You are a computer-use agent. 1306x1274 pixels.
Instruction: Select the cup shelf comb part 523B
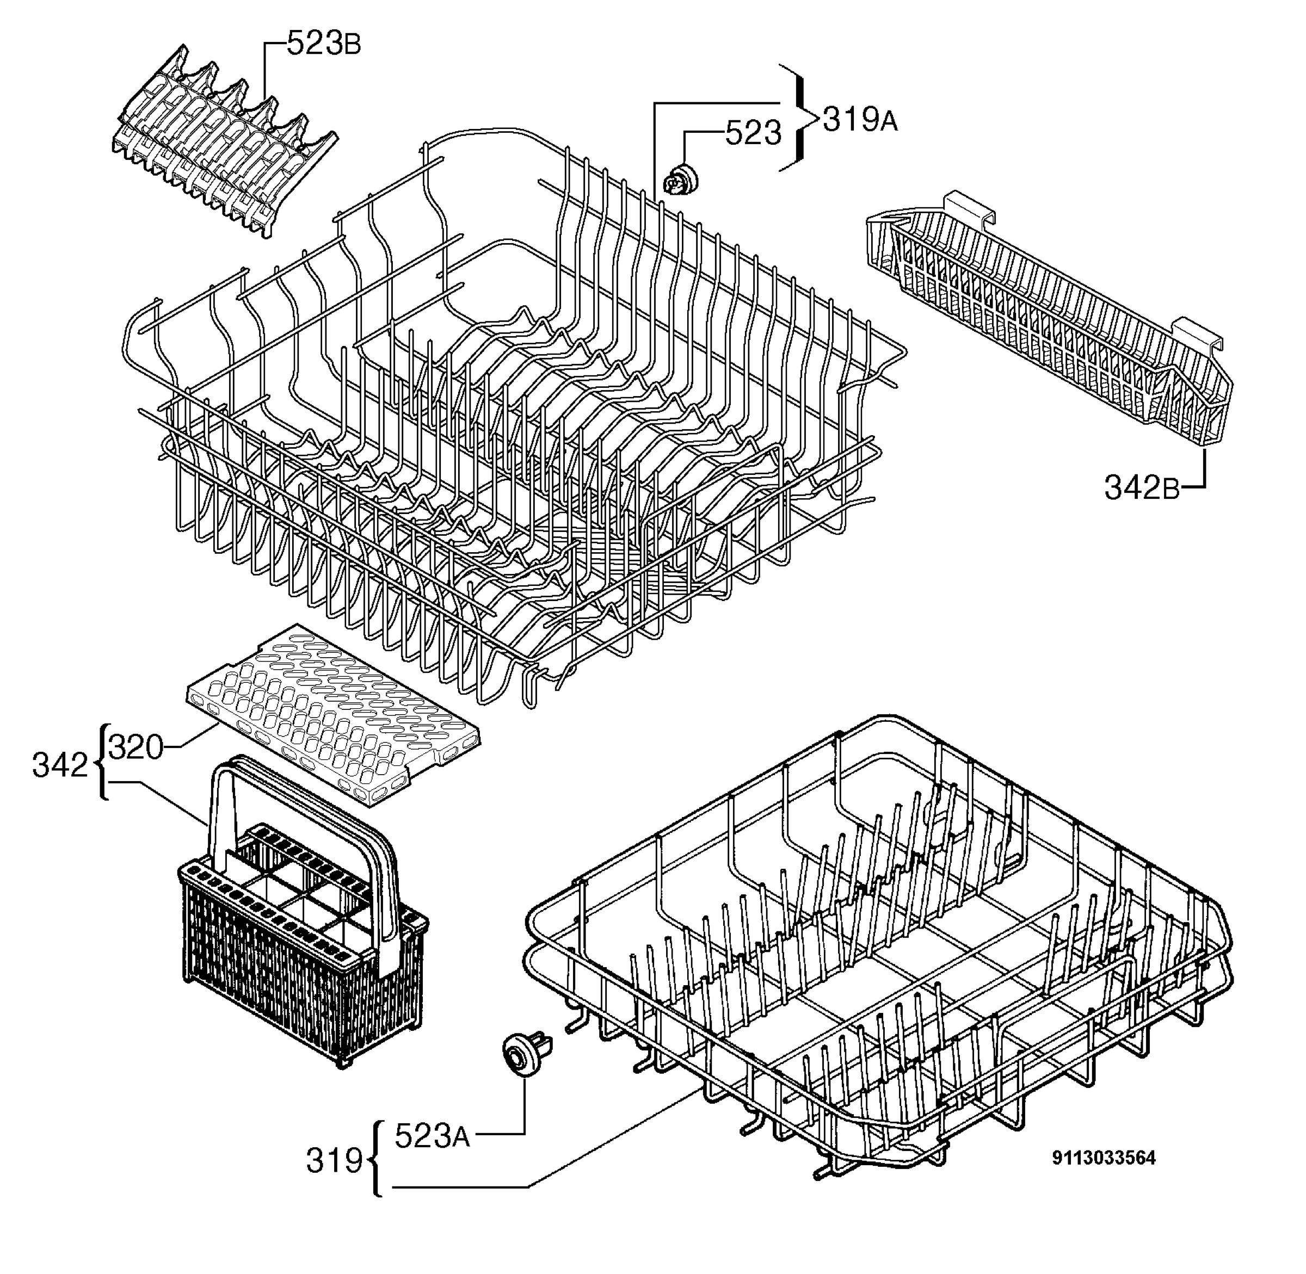224,140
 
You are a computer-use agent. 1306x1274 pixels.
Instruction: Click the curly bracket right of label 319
376,1160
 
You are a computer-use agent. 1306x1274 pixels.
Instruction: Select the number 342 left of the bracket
60,765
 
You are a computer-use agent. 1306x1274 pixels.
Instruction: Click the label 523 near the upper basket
754,133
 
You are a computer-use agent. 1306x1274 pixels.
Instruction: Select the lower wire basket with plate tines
877,950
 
